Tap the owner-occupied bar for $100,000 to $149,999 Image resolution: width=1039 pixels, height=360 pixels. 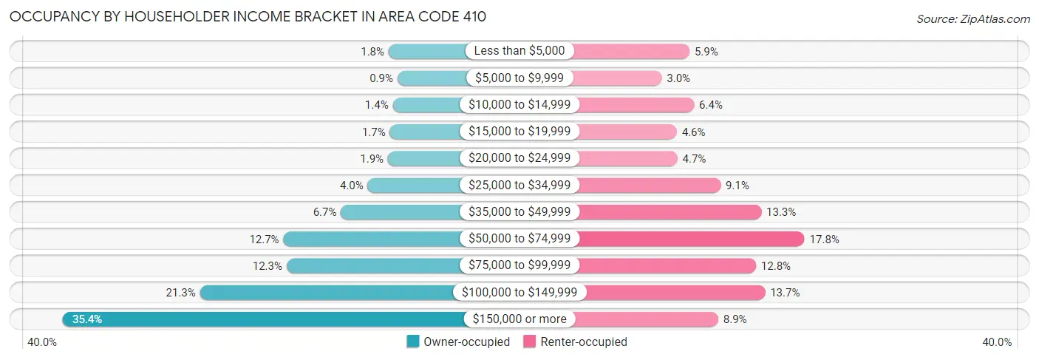[x=329, y=293]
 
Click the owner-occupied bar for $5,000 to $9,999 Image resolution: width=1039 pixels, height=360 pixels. [x=432, y=78]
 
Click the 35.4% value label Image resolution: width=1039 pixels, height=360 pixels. [x=87, y=319]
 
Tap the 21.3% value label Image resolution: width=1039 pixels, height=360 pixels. [x=180, y=293]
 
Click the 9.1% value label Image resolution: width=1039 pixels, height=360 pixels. [x=740, y=186]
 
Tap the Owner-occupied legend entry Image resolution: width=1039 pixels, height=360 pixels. [x=458, y=342]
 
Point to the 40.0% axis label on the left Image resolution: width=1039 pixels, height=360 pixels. [x=41, y=342]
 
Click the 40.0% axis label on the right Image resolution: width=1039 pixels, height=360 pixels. [x=997, y=342]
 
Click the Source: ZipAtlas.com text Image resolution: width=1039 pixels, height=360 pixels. [x=973, y=18]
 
